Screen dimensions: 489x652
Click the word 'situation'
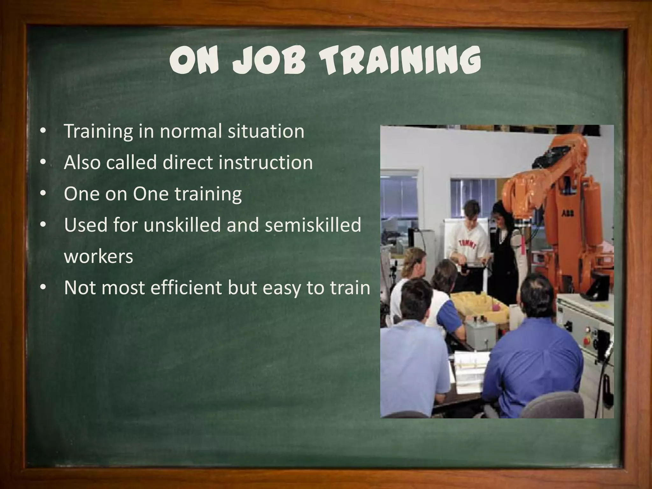tap(266, 131)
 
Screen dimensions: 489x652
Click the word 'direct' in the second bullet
tap(188, 162)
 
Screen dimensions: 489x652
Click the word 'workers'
tap(98, 256)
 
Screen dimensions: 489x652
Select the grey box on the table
tap(481, 336)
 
